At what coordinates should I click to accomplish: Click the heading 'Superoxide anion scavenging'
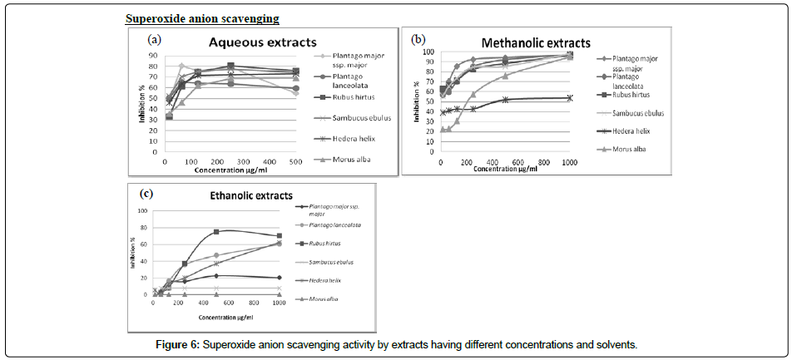pos(202,18)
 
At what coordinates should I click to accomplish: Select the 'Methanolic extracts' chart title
pos(537,42)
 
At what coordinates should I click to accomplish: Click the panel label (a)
pos(154,39)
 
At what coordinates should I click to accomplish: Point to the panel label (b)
pos(418,38)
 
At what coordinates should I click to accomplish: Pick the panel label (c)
pos(146,194)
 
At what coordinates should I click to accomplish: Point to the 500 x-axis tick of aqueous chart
pos(296,161)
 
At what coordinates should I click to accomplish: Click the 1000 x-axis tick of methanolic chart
pos(568,161)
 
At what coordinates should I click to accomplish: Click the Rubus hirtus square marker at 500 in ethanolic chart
pos(216,232)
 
